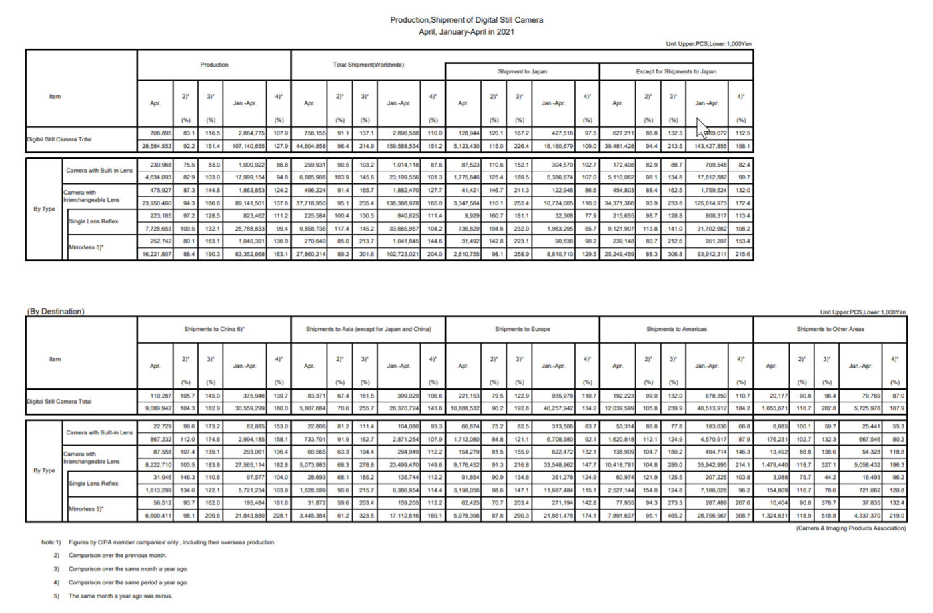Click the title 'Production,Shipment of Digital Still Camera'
point(467,20)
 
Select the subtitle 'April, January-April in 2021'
point(467,31)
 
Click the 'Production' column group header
point(214,65)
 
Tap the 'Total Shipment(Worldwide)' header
point(368,65)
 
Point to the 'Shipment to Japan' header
point(522,71)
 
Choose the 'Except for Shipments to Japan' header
point(676,71)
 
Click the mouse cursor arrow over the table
point(702,126)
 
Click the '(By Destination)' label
point(56,312)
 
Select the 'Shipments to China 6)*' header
point(214,329)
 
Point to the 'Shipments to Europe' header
point(522,329)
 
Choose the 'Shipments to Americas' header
point(676,329)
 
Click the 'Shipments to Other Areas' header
point(830,329)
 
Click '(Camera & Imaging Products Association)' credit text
point(851,528)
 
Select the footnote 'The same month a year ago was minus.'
point(120,596)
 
